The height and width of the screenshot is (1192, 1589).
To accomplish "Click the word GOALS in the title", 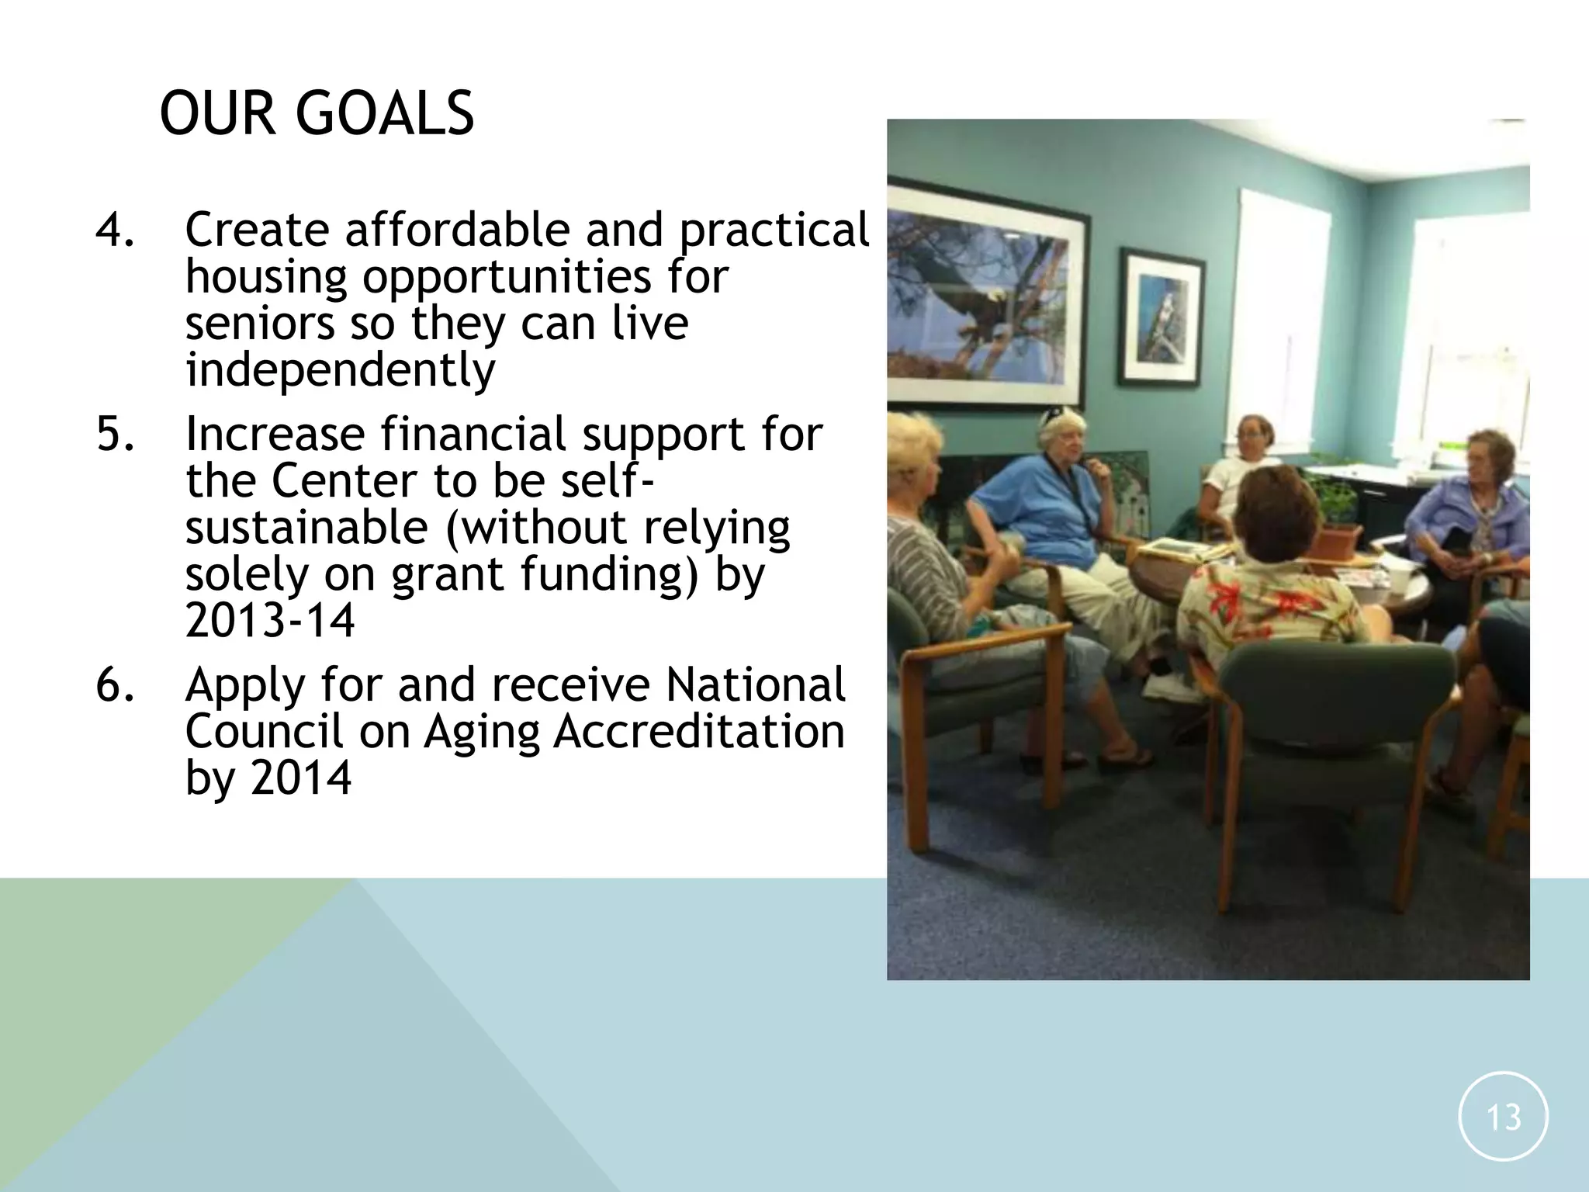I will (385, 113).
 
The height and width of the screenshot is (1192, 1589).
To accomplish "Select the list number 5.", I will (114, 433).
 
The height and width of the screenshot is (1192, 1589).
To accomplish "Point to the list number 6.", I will (114, 684).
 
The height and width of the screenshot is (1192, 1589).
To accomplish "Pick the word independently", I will (340, 369).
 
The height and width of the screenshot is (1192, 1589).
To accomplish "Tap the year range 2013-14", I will (270, 620).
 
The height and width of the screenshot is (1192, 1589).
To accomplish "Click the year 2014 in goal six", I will (301, 778).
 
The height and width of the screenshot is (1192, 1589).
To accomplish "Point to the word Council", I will (264, 731).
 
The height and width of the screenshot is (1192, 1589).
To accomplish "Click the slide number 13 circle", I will (1503, 1116).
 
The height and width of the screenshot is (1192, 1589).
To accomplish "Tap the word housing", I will (265, 278).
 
